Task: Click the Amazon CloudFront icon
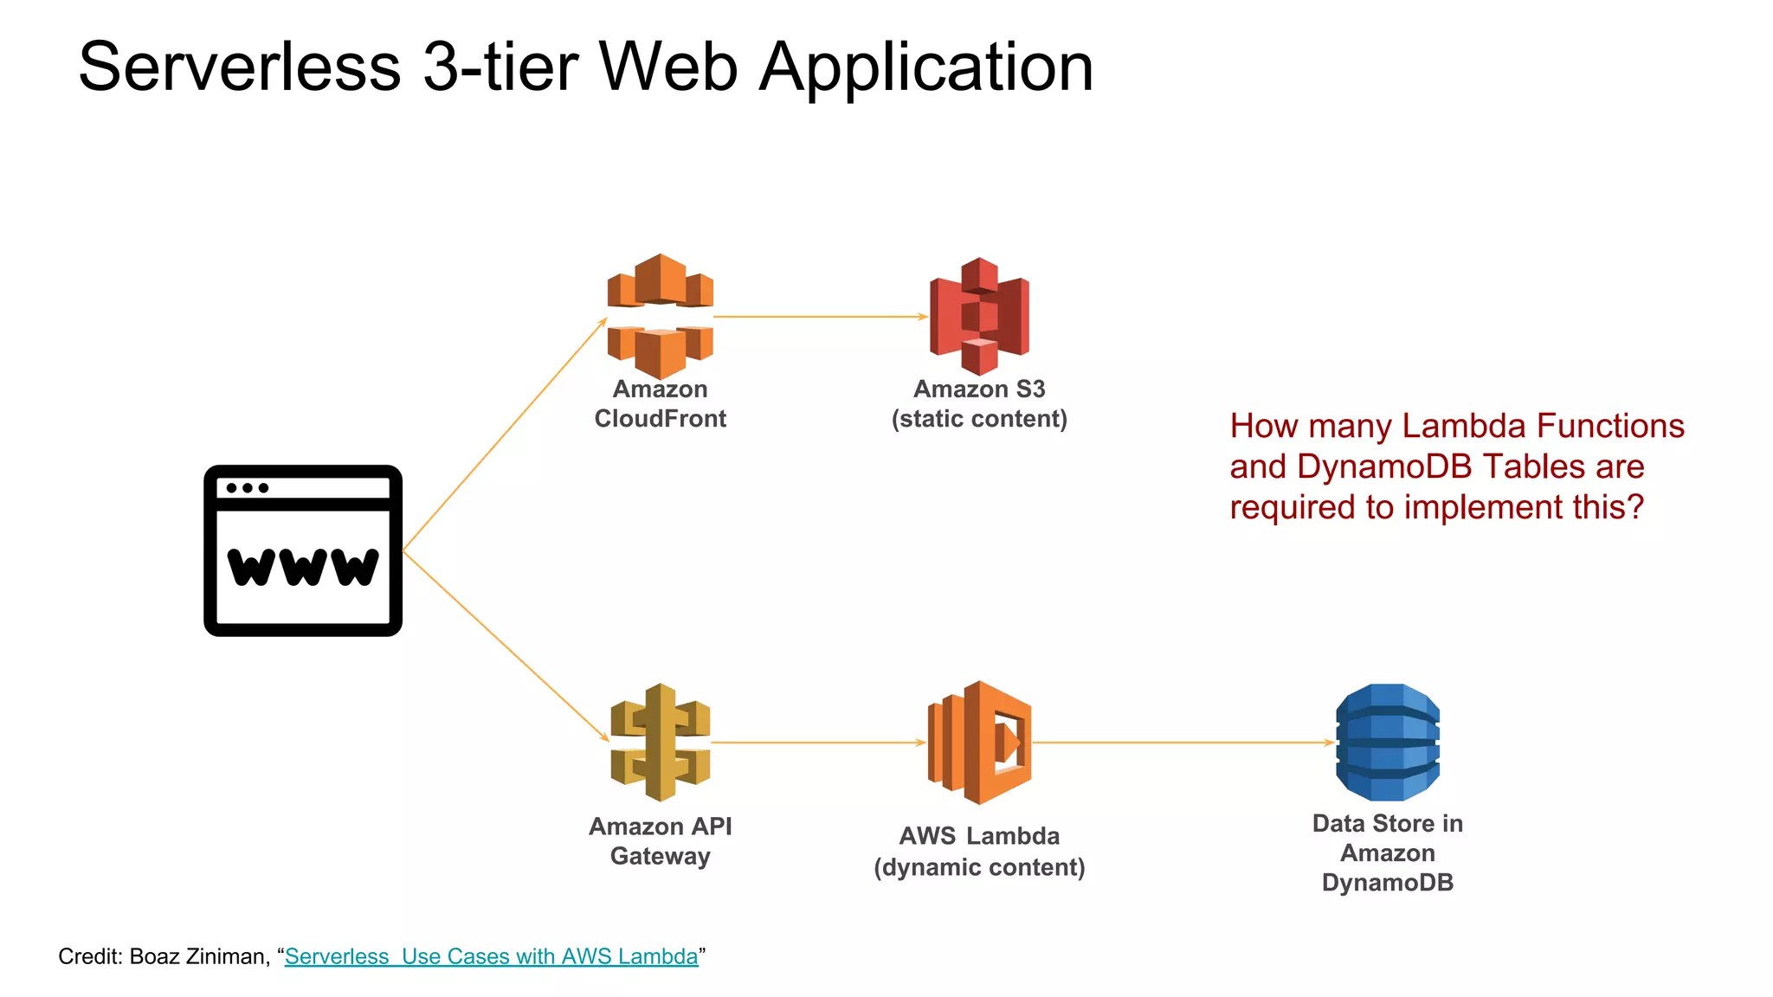coord(660,316)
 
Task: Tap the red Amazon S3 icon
coord(979,316)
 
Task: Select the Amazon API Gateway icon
coord(660,742)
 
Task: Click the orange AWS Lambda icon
coord(979,742)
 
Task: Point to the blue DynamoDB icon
coord(1387,742)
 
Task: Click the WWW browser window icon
coord(303,551)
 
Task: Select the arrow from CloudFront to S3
coord(820,317)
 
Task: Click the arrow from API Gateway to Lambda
coord(818,743)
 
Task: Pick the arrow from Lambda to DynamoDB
coord(1183,743)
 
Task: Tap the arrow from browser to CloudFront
coord(505,434)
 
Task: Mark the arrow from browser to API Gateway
coord(506,646)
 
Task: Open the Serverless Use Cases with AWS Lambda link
coord(491,956)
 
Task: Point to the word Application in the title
coord(926,67)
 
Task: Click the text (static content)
coord(979,419)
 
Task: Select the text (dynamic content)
coord(979,867)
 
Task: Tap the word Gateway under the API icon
coord(660,856)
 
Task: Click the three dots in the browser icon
coord(248,488)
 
